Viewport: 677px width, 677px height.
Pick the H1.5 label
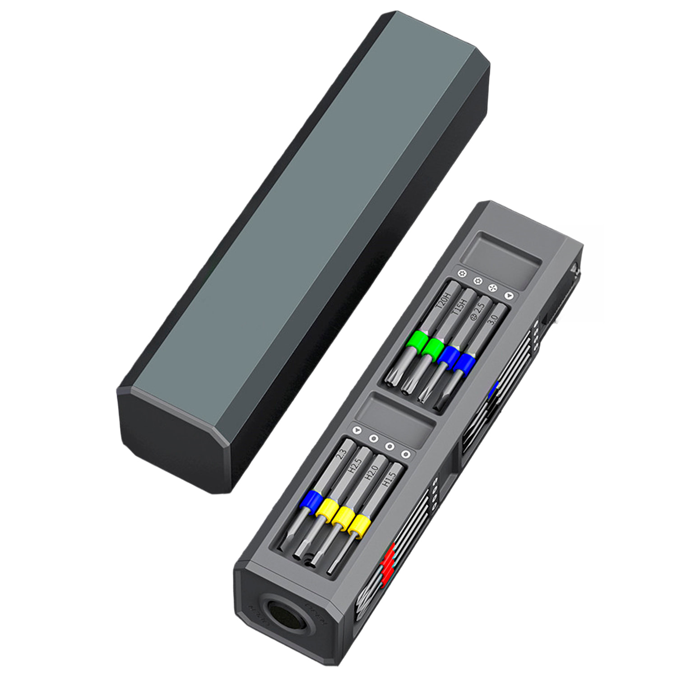[388, 479]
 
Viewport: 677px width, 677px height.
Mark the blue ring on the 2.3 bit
[311, 501]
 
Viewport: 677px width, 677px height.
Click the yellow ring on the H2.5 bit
[327, 509]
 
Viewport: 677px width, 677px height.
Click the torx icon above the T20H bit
[461, 273]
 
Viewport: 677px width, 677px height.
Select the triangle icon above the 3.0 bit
[510, 295]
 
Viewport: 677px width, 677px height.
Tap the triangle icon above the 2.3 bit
[357, 431]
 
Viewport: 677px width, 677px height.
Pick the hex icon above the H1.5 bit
[406, 454]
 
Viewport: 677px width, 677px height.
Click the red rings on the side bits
[387, 564]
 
